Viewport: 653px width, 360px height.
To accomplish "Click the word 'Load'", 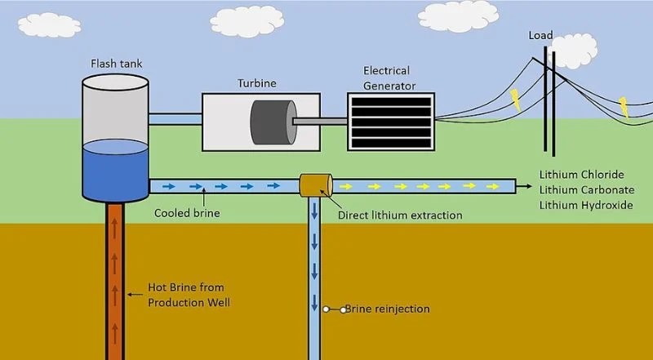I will click(540, 35).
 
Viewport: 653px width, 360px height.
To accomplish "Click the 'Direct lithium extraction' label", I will click(400, 216).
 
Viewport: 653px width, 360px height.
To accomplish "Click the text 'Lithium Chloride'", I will click(581, 175).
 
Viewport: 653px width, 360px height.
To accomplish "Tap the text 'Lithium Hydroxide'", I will click(585, 204).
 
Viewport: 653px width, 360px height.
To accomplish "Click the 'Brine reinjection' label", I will click(386, 309).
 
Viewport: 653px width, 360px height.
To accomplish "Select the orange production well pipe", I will click(115, 278).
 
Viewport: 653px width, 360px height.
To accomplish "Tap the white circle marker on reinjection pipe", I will click(326, 309).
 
